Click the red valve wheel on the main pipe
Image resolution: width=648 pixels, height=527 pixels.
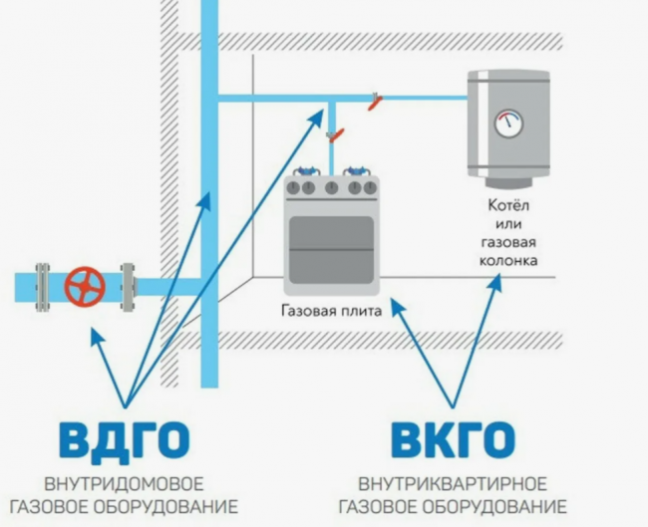[x=85, y=286]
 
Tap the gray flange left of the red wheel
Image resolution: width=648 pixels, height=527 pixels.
[x=43, y=286]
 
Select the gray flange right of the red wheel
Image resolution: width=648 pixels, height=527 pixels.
[x=127, y=286]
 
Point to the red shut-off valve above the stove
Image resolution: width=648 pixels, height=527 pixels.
[x=337, y=132]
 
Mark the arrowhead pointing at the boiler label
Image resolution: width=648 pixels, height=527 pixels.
[x=495, y=283]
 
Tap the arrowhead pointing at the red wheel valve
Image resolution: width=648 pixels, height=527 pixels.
[x=94, y=333]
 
